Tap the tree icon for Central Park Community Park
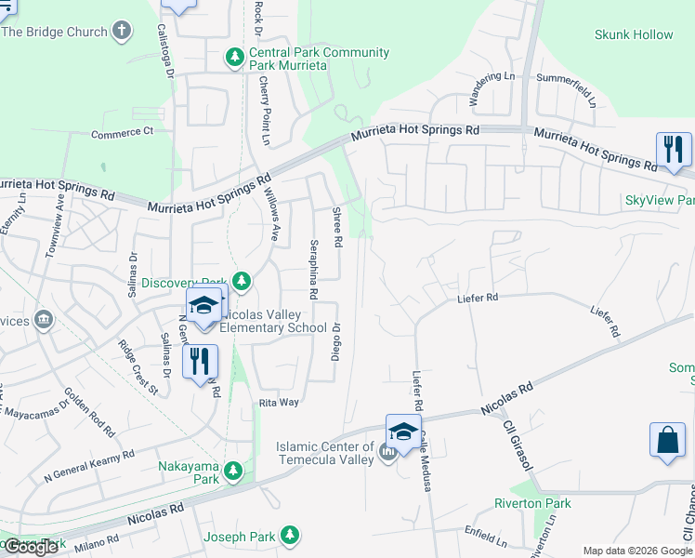(235, 59)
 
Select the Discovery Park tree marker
(242, 280)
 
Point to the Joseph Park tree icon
(291, 536)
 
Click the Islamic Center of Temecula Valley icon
(388, 453)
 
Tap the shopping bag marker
(669, 441)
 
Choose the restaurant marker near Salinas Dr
(201, 360)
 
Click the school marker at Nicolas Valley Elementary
(204, 304)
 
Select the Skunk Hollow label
(634, 34)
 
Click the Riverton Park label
(532, 503)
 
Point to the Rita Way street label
(279, 402)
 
